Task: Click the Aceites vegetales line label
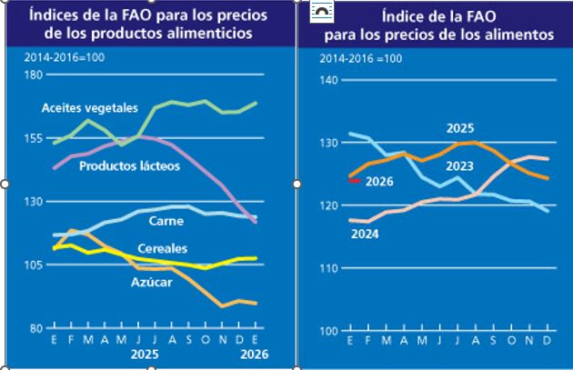89,107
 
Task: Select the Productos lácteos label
129,166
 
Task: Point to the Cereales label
163,248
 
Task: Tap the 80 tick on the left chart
35,328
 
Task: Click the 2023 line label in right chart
460,166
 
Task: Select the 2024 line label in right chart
366,235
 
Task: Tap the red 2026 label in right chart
378,182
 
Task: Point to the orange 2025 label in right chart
460,129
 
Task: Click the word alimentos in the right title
520,35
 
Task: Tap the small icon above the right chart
321,12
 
